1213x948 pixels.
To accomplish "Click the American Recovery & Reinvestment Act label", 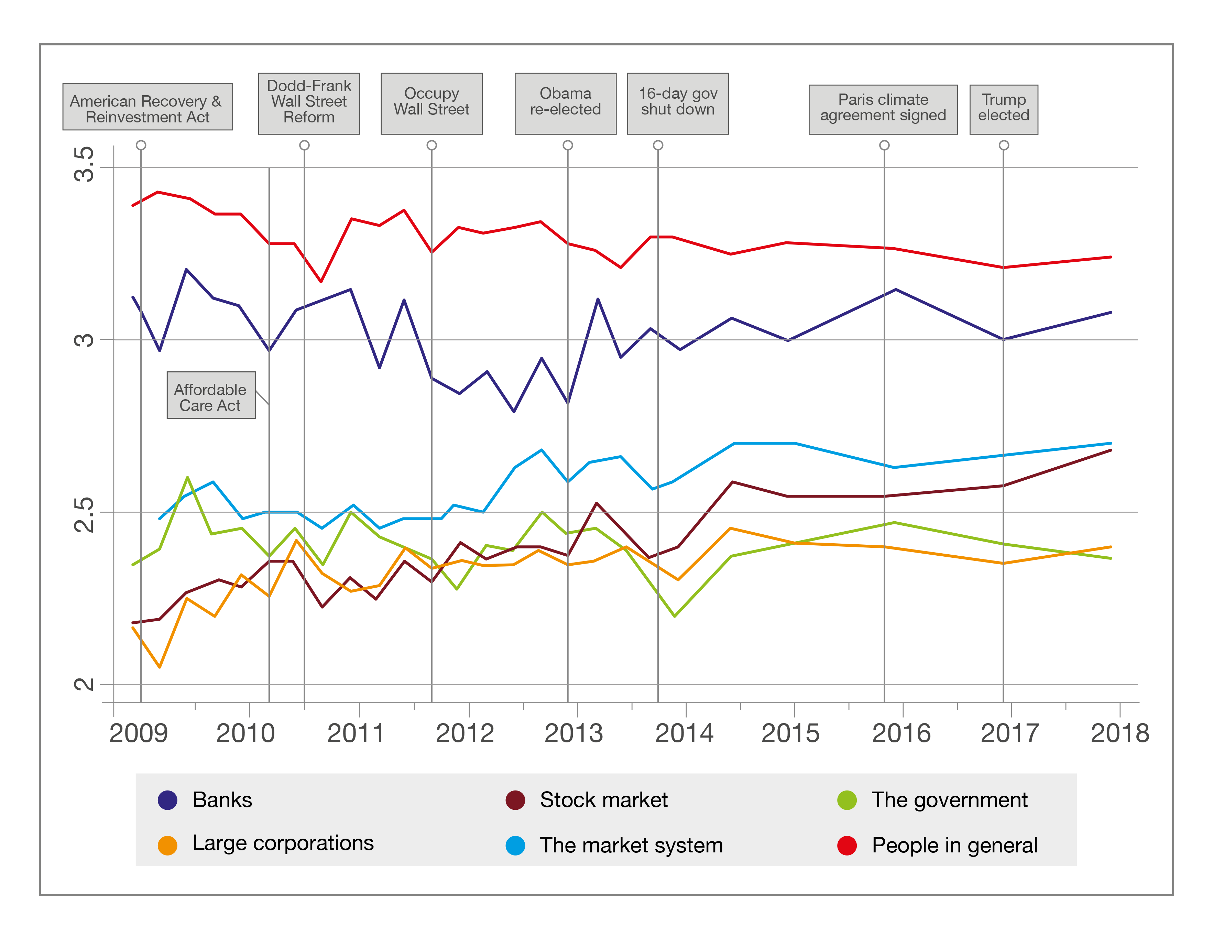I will (147, 107).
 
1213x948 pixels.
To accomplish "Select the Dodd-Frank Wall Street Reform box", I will (309, 103).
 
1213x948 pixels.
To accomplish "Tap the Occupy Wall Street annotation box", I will (431, 103).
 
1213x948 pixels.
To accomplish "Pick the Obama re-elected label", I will (565, 103).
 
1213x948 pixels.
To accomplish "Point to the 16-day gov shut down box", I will (678, 103).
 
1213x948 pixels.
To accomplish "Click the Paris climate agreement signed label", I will (883, 109).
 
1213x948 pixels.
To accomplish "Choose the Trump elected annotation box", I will (1004, 109).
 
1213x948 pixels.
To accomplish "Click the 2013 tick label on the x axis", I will (574, 733).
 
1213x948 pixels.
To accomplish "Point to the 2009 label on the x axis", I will (138, 733).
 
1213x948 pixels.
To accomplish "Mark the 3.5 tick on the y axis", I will (85, 164).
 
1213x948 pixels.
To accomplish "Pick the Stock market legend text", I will (604, 800).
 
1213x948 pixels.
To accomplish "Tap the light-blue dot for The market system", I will (515, 845).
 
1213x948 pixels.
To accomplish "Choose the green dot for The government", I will (847, 800).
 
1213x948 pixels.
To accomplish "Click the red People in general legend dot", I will (847, 845).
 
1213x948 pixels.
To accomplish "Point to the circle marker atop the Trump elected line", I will (1004, 145).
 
